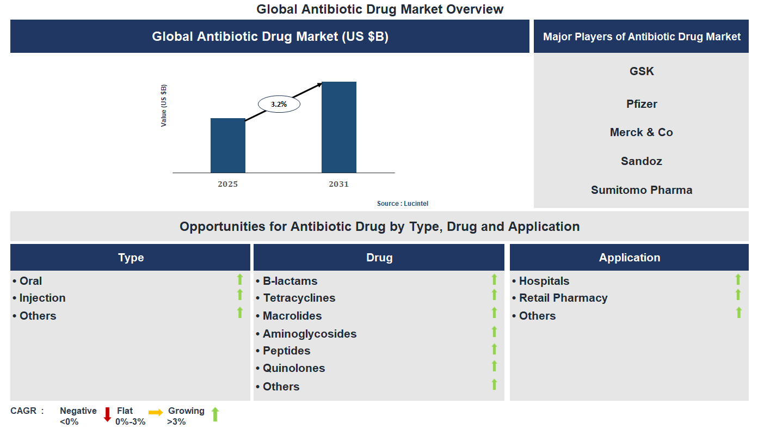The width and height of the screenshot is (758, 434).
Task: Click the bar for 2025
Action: pos(227,145)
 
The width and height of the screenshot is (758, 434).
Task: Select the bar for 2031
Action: pos(338,127)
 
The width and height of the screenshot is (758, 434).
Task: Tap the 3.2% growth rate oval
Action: pos(279,103)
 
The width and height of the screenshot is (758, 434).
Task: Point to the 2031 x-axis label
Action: pos(338,184)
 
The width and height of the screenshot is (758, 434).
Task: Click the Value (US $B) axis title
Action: pos(163,106)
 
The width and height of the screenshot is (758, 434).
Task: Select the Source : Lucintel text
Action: pos(403,204)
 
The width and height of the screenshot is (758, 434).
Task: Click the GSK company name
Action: pos(642,71)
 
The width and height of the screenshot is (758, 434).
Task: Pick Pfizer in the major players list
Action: pos(642,104)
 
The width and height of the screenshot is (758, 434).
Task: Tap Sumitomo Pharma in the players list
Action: pos(642,190)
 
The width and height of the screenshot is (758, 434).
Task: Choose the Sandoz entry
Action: pos(642,161)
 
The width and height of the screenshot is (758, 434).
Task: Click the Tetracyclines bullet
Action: pos(299,298)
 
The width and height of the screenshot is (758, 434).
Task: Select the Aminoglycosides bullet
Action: pos(309,334)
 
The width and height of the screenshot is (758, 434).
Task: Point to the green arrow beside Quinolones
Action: pos(494,366)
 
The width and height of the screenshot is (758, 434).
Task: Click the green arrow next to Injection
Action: pos(239,295)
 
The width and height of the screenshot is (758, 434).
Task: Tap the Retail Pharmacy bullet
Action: pos(563,298)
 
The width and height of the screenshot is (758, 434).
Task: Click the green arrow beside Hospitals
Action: pos(738,279)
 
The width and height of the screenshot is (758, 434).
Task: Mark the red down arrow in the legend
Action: pos(107,414)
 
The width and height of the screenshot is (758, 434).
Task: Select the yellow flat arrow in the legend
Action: pos(156,413)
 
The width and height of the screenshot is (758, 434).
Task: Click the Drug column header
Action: pos(379,258)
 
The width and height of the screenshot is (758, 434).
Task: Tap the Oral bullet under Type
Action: pos(30,281)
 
